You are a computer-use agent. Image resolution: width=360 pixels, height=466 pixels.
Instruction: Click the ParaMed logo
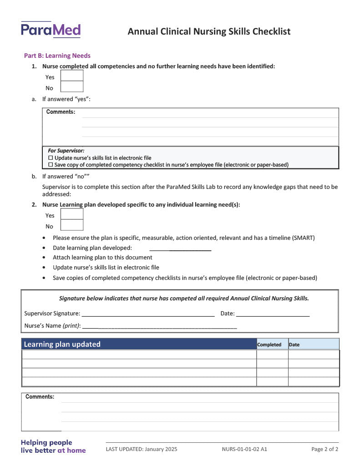(51, 30)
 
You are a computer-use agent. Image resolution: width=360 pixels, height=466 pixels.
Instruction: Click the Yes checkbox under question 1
(72, 76)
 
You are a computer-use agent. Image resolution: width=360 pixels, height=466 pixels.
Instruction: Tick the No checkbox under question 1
(72, 87)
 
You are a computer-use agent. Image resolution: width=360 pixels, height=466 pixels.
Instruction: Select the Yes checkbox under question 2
(72, 214)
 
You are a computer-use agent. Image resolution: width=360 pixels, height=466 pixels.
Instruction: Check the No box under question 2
(72, 225)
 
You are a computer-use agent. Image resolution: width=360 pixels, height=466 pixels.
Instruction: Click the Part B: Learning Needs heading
(57, 56)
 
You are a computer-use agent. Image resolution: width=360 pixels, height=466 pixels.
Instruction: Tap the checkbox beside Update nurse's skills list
(51, 158)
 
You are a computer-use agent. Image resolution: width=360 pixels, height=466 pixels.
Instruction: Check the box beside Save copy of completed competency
(51, 165)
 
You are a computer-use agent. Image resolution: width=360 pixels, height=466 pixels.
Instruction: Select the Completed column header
(269, 344)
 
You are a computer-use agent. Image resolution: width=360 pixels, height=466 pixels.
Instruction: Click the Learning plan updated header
(62, 344)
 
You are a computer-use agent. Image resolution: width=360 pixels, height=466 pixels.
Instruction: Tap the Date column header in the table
(294, 344)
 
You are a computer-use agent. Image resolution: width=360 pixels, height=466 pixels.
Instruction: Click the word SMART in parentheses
(303, 238)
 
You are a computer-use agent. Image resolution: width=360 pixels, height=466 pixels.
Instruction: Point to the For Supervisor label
(66, 151)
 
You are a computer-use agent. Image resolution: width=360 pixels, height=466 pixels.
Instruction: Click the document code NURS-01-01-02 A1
(244, 449)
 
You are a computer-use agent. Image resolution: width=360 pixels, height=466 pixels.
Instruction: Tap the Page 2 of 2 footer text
(325, 449)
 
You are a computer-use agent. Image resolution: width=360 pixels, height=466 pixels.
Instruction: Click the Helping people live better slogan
(53, 446)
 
